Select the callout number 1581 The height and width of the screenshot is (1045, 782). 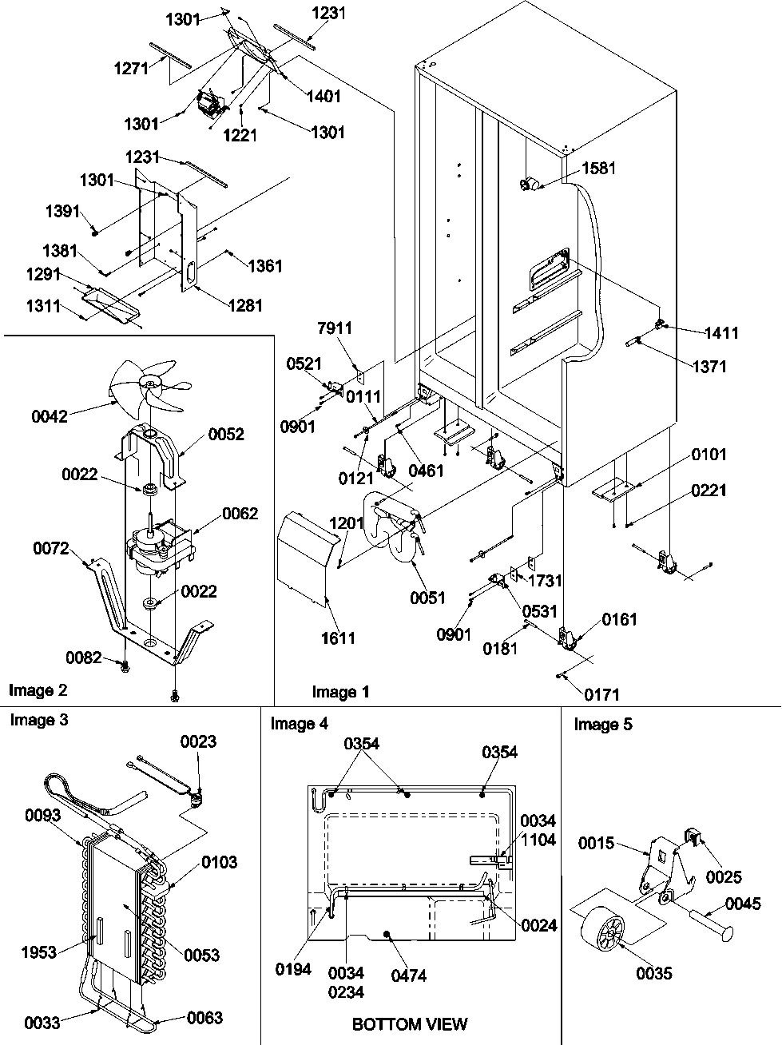coord(599,169)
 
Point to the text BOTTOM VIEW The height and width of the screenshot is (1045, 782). coord(409,1023)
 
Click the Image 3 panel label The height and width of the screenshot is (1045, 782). coord(38,720)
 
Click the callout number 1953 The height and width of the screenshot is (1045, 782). coord(39,952)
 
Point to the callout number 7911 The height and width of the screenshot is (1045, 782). coord(334,328)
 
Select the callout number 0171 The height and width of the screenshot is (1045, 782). coord(600,695)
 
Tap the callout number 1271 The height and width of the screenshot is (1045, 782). coord(130,70)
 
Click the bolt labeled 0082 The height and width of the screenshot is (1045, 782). coord(125,665)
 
